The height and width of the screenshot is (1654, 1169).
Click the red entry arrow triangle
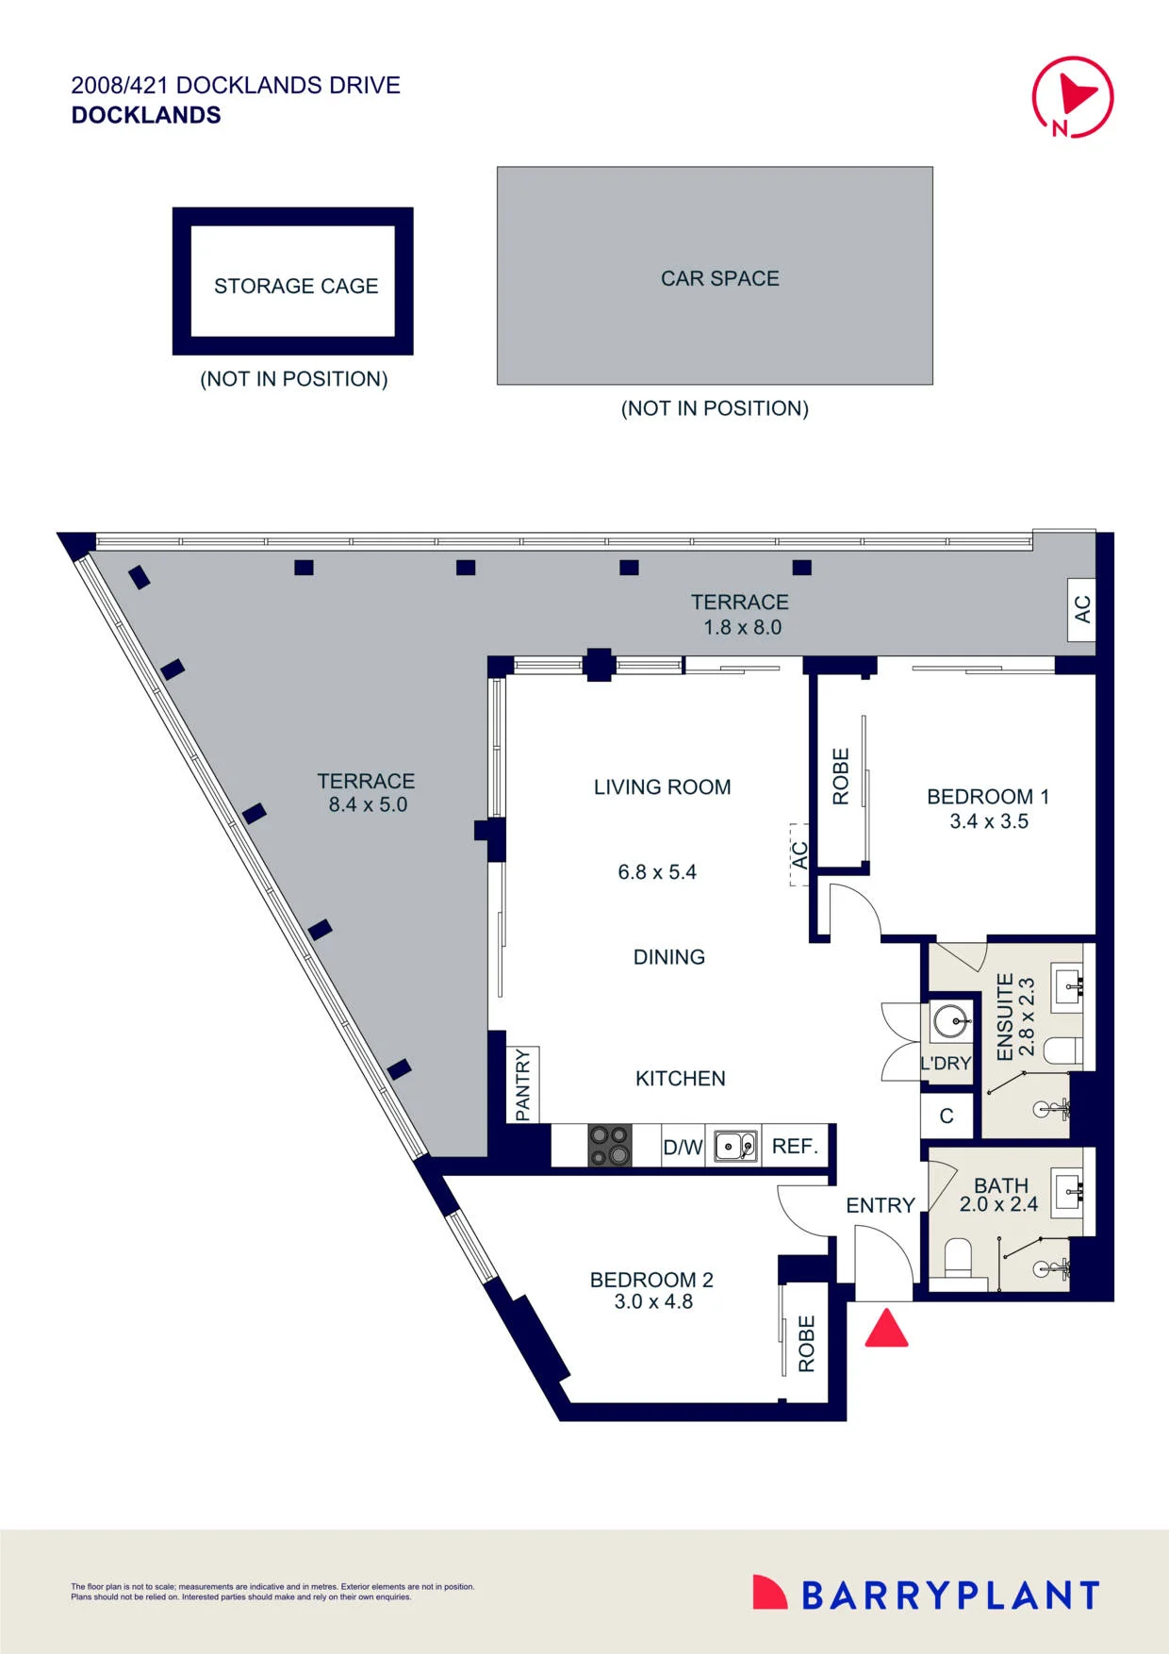click(886, 1328)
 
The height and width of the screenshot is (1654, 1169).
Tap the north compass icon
click(1073, 97)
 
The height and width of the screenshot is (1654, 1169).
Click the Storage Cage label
click(296, 286)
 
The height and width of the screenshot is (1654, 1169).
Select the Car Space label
click(720, 278)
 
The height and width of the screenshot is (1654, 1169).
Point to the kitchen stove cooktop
click(610, 1146)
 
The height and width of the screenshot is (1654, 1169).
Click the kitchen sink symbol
click(735, 1147)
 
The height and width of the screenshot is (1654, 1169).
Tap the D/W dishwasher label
click(683, 1148)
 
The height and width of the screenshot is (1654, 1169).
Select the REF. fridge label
click(795, 1147)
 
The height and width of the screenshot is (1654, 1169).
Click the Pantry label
click(523, 1085)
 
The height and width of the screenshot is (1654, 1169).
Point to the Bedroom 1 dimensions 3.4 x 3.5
click(989, 821)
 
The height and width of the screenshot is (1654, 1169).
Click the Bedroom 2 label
click(651, 1280)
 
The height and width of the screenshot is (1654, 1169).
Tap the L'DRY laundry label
click(946, 1064)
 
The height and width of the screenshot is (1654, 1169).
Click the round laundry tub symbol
click(950, 1020)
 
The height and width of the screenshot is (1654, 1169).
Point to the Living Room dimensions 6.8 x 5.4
click(657, 872)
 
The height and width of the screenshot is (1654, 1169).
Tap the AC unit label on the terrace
click(1082, 609)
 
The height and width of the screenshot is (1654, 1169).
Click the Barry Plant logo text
click(950, 1596)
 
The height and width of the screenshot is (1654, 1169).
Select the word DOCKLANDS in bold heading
click(146, 115)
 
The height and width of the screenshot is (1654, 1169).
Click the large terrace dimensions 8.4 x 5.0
click(368, 805)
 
